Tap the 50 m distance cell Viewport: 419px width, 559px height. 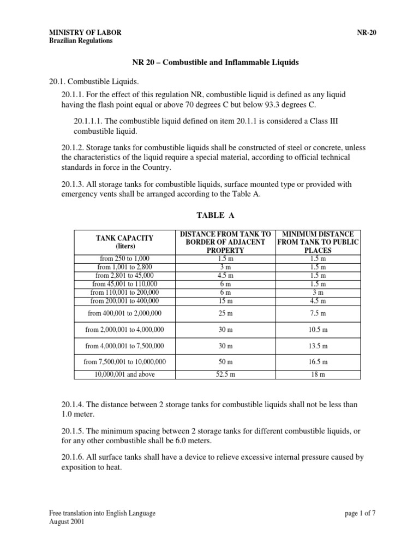(x=225, y=362)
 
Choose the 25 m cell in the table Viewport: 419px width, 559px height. (x=225, y=313)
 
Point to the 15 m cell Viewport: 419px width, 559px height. (x=225, y=300)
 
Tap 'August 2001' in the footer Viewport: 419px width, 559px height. (x=67, y=521)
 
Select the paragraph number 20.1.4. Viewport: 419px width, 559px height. (x=74, y=404)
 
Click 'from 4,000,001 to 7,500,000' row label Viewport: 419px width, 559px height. (x=125, y=346)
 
